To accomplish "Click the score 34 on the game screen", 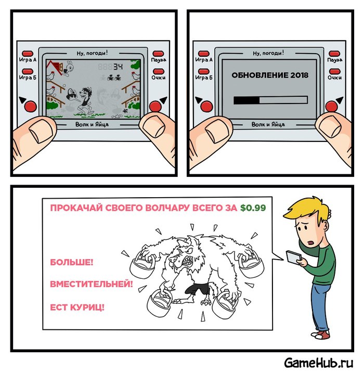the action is [118, 67].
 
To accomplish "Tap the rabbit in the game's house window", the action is [69, 68].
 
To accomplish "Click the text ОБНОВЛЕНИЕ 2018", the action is [270, 75].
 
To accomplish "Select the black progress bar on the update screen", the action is [246, 100].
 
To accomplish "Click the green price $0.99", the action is [253, 208].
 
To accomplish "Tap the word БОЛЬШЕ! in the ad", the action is [72, 262].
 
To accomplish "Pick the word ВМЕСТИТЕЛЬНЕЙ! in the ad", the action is [92, 284].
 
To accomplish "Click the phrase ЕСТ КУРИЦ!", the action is [77, 307].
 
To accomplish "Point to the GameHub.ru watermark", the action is [319, 363].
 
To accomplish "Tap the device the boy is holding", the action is [294, 256].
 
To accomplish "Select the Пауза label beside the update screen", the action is [335, 60].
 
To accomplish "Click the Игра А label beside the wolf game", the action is [28, 60].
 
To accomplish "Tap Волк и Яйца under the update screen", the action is [268, 124].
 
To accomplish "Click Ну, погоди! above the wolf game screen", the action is [92, 53].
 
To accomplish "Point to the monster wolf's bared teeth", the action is [187, 261].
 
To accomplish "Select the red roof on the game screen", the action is [54, 67].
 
